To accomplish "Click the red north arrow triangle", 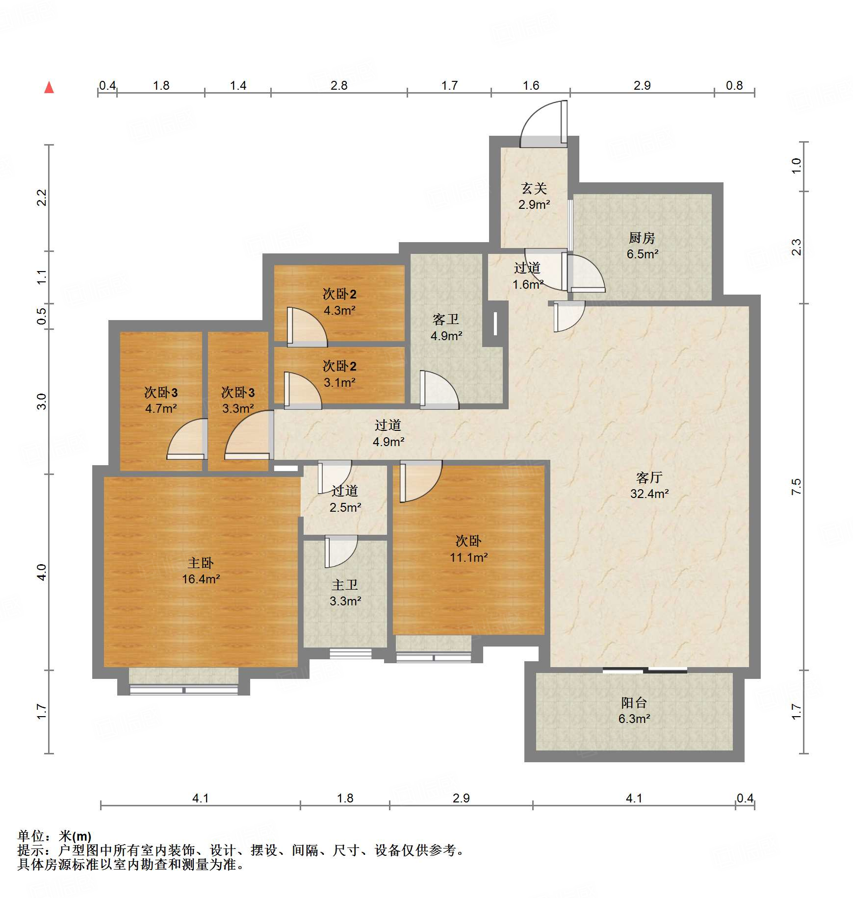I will pyautogui.click(x=49, y=88).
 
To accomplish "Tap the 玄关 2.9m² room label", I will pyautogui.click(x=534, y=196).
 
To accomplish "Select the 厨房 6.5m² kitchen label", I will pyautogui.click(x=642, y=246).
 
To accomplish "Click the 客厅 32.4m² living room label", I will pyautogui.click(x=649, y=485).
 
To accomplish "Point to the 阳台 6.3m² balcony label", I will pyautogui.click(x=634, y=710).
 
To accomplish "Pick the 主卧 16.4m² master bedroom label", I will pyautogui.click(x=201, y=571).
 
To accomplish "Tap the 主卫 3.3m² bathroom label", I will pyautogui.click(x=345, y=593).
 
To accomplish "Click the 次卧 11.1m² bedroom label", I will pyautogui.click(x=468, y=549).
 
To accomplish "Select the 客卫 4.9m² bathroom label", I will pyautogui.click(x=446, y=327).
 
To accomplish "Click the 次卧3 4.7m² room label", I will pyautogui.click(x=161, y=400).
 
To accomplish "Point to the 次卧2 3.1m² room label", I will pyautogui.click(x=339, y=374).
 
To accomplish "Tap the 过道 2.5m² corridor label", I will pyautogui.click(x=345, y=499).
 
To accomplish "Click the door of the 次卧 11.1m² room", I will pyautogui.click(x=420, y=481).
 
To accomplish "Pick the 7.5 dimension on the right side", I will pyautogui.click(x=796, y=486).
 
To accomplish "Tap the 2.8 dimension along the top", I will pyautogui.click(x=338, y=86).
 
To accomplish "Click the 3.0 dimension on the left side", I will pyautogui.click(x=42, y=401).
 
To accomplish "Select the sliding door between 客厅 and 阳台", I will pyautogui.click(x=644, y=670).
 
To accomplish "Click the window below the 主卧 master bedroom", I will pyautogui.click(x=183, y=690).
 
